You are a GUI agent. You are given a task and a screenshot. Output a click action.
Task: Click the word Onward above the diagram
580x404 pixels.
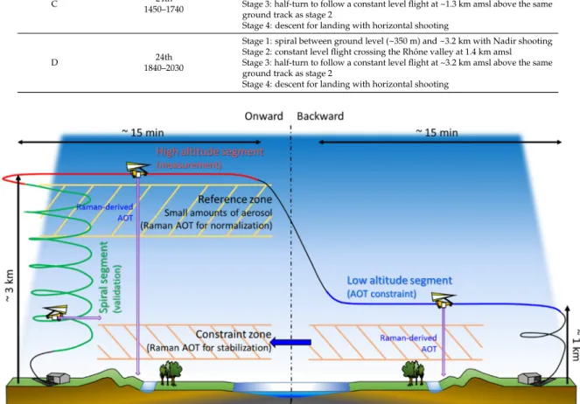point(263,116)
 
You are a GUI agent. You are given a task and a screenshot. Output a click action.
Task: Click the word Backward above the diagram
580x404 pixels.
point(320,116)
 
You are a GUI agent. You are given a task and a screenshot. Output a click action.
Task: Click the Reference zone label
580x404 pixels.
point(234,199)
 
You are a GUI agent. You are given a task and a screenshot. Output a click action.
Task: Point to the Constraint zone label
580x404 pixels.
point(234,334)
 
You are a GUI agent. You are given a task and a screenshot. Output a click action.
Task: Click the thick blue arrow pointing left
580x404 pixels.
point(290,342)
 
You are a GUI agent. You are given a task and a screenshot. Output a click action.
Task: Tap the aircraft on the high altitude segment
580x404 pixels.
point(137,170)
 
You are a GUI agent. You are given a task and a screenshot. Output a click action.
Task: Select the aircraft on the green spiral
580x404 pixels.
point(56,312)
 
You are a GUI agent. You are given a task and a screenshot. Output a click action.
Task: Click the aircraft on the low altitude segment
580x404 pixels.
point(444,299)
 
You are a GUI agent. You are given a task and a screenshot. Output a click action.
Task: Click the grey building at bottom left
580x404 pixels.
point(58,378)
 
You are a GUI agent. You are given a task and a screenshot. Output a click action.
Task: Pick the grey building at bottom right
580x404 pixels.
point(529,378)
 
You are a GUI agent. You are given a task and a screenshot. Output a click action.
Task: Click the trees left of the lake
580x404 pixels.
point(171,373)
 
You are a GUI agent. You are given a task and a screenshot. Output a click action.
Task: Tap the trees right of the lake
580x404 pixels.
point(413,373)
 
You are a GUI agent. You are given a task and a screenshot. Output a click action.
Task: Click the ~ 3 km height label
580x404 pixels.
point(10,286)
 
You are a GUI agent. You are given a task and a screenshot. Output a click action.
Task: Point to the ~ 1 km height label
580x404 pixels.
point(576,345)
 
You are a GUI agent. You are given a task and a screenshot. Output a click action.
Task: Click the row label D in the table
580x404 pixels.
point(54,62)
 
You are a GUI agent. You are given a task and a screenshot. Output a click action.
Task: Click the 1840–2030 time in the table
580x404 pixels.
point(164,68)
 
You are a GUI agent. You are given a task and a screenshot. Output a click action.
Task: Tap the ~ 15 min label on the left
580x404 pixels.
point(143,132)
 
